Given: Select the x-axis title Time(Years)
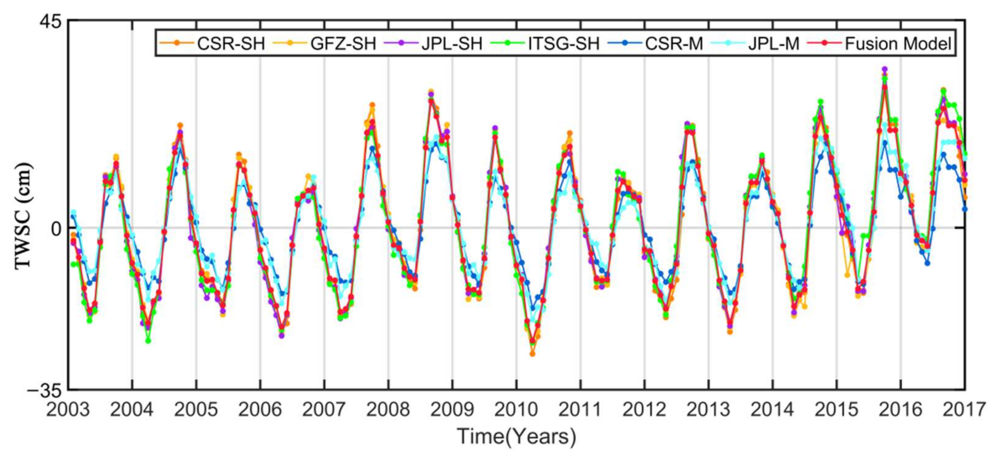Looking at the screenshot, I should (x=516, y=436).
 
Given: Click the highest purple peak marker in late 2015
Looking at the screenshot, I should (x=884, y=69).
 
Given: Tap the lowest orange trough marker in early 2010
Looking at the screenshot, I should (x=532, y=354).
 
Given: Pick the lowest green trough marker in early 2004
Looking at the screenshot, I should (x=148, y=341).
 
